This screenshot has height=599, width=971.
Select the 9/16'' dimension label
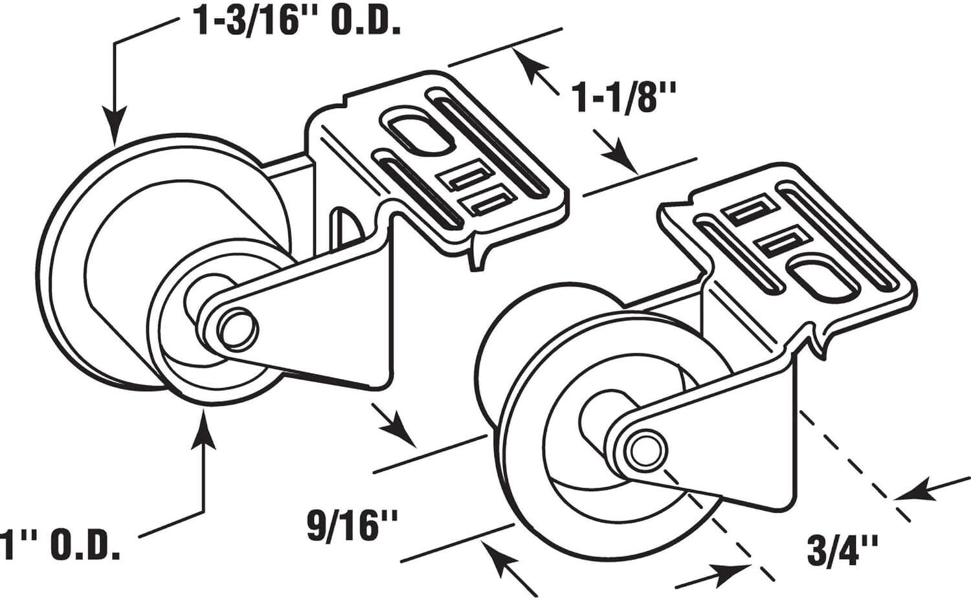(x=352, y=525)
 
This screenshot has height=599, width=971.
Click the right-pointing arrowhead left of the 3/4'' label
(x=731, y=571)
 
